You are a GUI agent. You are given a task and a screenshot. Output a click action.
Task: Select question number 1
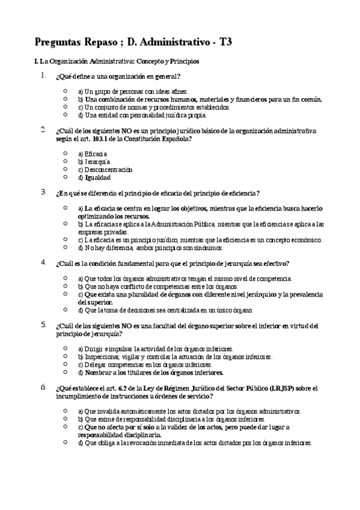tap(43, 76)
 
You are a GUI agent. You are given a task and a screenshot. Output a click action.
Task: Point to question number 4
tap(43, 262)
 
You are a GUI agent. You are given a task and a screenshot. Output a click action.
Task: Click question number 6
tap(43, 387)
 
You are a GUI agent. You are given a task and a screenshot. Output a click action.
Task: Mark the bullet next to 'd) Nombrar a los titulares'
tap(65, 372)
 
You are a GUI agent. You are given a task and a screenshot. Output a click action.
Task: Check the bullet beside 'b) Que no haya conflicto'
tap(65, 286)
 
